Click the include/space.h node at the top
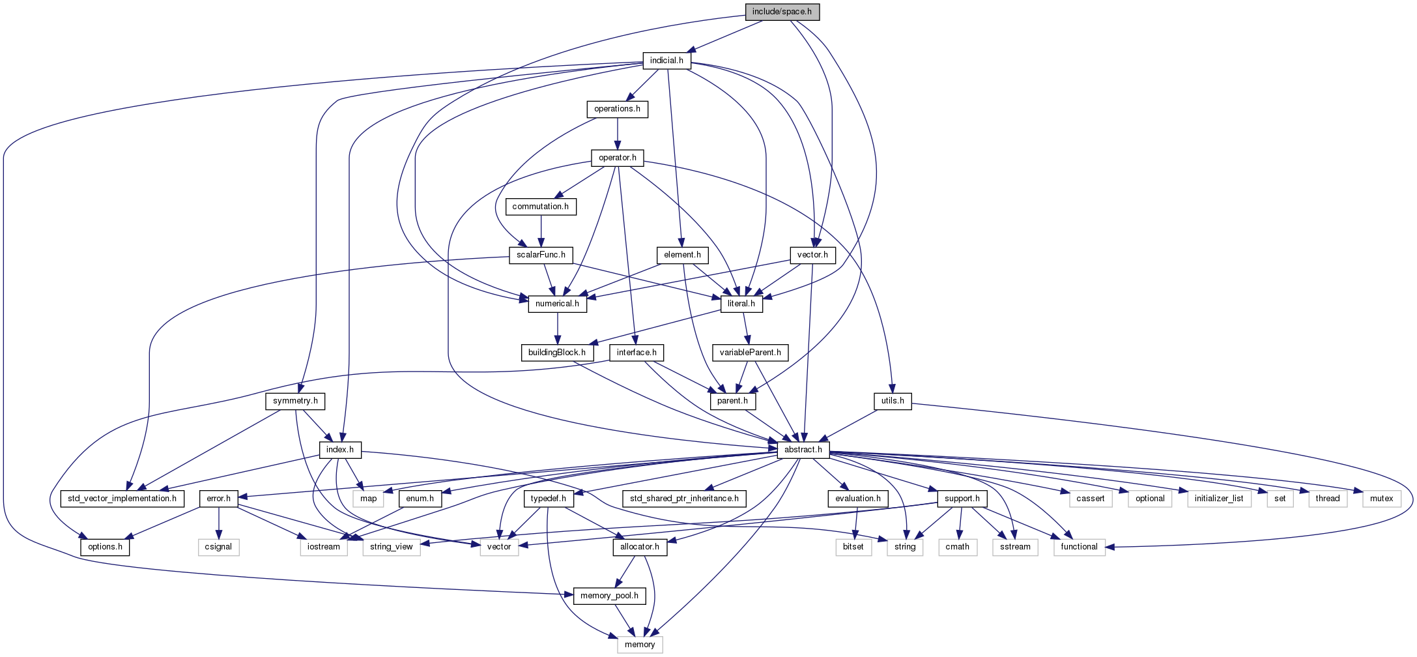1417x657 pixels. [782, 12]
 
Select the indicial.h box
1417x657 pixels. [666, 61]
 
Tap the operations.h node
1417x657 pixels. [617, 109]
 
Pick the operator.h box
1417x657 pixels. [617, 158]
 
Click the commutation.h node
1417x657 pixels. [540, 207]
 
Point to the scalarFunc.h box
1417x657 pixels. [541, 255]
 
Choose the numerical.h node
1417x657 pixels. [557, 304]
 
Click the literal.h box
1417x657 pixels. [741, 304]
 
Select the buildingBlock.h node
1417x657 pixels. [556, 353]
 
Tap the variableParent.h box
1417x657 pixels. [750, 353]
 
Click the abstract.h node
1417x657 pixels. [803, 450]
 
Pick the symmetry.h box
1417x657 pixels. [295, 401]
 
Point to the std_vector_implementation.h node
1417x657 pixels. [122, 499]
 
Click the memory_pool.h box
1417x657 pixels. [609, 596]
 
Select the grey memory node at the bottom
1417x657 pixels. [640, 645]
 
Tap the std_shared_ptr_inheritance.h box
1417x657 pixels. [684, 499]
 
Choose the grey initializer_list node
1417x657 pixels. [1219, 499]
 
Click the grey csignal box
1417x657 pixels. [218, 547]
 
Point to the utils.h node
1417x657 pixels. [893, 401]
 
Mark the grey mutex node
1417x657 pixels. [1381, 499]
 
